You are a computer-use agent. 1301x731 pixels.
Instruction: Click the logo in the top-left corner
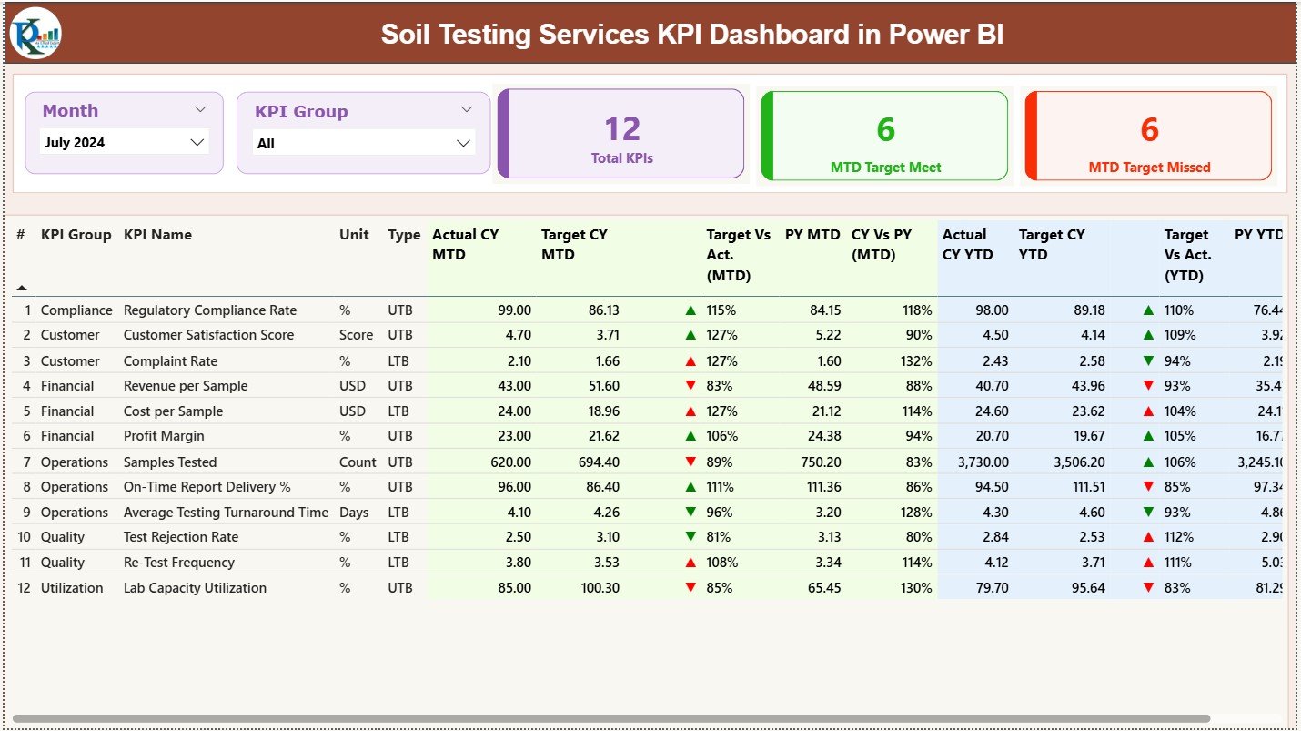click(35, 34)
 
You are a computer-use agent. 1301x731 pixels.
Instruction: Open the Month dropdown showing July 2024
click(125, 142)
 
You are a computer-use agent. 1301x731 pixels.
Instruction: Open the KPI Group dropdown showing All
click(363, 143)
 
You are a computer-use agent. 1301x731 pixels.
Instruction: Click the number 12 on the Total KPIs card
click(622, 129)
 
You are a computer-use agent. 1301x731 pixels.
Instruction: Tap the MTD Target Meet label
click(885, 168)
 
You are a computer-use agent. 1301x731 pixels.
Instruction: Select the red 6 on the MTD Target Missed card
click(1149, 130)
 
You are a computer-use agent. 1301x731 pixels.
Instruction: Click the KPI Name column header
click(157, 235)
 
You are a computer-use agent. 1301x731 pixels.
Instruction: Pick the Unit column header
click(354, 235)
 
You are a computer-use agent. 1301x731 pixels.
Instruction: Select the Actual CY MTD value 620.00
click(510, 462)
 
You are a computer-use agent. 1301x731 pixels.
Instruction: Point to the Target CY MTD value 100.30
click(599, 588)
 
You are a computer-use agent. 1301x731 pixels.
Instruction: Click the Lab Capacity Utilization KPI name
click(195, 588)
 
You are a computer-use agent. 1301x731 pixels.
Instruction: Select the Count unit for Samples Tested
click(358, 462)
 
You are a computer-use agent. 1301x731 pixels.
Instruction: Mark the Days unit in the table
click(354, 513)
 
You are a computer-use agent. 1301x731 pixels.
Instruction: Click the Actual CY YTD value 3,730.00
click(983, 462)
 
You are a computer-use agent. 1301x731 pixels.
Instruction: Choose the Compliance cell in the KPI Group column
click(76, 310)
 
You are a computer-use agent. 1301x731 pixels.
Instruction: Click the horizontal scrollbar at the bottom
click(610, 718)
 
